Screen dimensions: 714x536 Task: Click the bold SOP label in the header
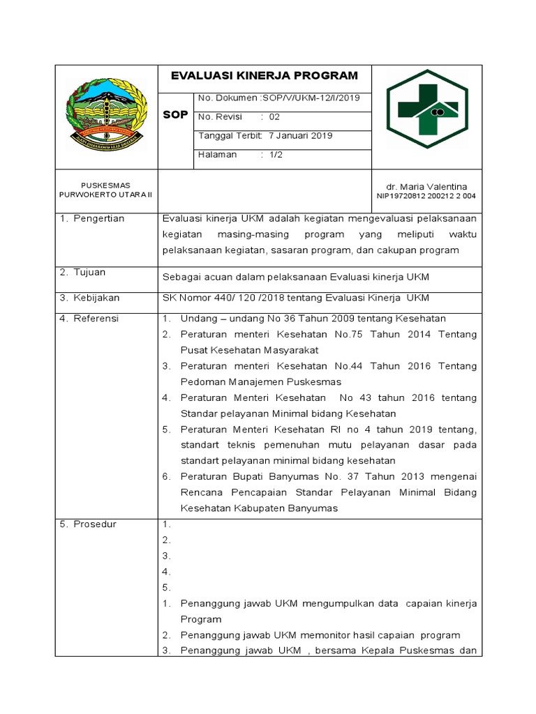pyautogui.click(x=174, y=114)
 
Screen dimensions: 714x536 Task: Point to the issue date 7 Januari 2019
pyautogui.click(x=300, y=136)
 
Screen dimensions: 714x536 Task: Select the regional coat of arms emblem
pyautogui.click(x=107, y=113)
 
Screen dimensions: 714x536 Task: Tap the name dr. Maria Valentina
pyautogui.click(x=426, y=187)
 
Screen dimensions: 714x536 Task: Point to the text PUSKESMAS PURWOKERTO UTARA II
pyautogui.click(x=106, y=190)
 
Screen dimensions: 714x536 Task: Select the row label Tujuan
pyautogui.click(x=89, y=273)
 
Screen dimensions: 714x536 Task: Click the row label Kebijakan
pyautogui.click(x=96, y=298)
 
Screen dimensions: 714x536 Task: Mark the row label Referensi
pyautogui.click(x=96, y=319)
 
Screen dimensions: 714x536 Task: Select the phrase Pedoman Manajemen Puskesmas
pyautogui.click(x=260, y=382)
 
